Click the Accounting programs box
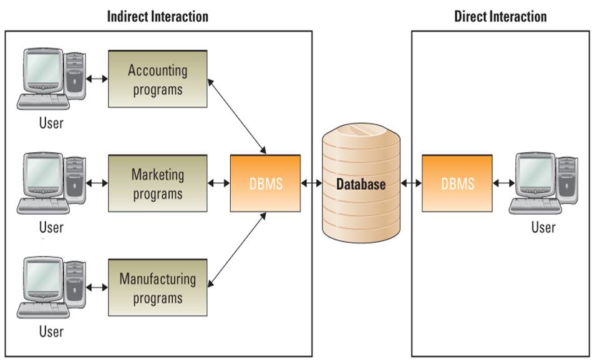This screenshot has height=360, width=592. (x=158, y=79)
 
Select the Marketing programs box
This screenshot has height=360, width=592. (x=158, y=183)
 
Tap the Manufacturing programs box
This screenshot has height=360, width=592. (x=158, y=288)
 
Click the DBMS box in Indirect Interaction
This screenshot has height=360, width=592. (x=266, y=183)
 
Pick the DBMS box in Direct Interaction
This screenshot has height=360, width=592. (x=457, y=183)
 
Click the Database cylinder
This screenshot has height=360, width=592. (x=361, y=183)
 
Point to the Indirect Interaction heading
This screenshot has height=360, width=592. (x=158, y=16)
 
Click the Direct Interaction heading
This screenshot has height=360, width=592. (x=500, y=16)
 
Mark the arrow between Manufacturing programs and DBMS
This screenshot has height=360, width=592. (x=238, y=250)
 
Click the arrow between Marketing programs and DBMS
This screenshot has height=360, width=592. (x=219, y=183)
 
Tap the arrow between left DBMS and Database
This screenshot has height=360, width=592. (x=311, y=183)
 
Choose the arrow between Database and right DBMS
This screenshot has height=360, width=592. (x=411, y=183)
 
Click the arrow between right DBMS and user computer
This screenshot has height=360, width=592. (x=503, y=183)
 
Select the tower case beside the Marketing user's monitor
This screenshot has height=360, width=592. (x=75, y=180)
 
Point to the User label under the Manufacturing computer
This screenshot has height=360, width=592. (x=51, y=331)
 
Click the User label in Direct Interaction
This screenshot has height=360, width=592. (x=543, y=227)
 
